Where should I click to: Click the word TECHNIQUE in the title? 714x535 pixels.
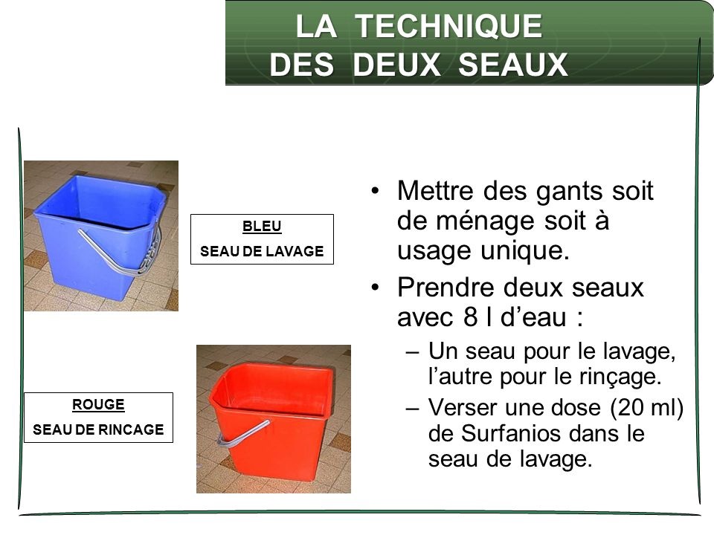tap(448, 26)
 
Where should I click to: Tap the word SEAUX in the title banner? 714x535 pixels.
tap(512, 64)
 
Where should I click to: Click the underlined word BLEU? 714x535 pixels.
tap(262, 226)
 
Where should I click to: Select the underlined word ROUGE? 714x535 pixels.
tap(98, 404)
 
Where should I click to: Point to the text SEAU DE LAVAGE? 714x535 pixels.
tap(262, 251)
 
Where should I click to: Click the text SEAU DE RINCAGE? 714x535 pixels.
tap(98, 429)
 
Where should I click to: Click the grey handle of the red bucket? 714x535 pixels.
tap(242, 434)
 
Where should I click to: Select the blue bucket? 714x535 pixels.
tap(100, 237)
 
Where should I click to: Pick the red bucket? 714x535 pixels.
tap(271, 421)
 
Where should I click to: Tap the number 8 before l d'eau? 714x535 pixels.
tap(470, 317)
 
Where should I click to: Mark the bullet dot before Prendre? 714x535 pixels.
tap(375, 288)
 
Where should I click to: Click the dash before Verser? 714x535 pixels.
tap(411, 408)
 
